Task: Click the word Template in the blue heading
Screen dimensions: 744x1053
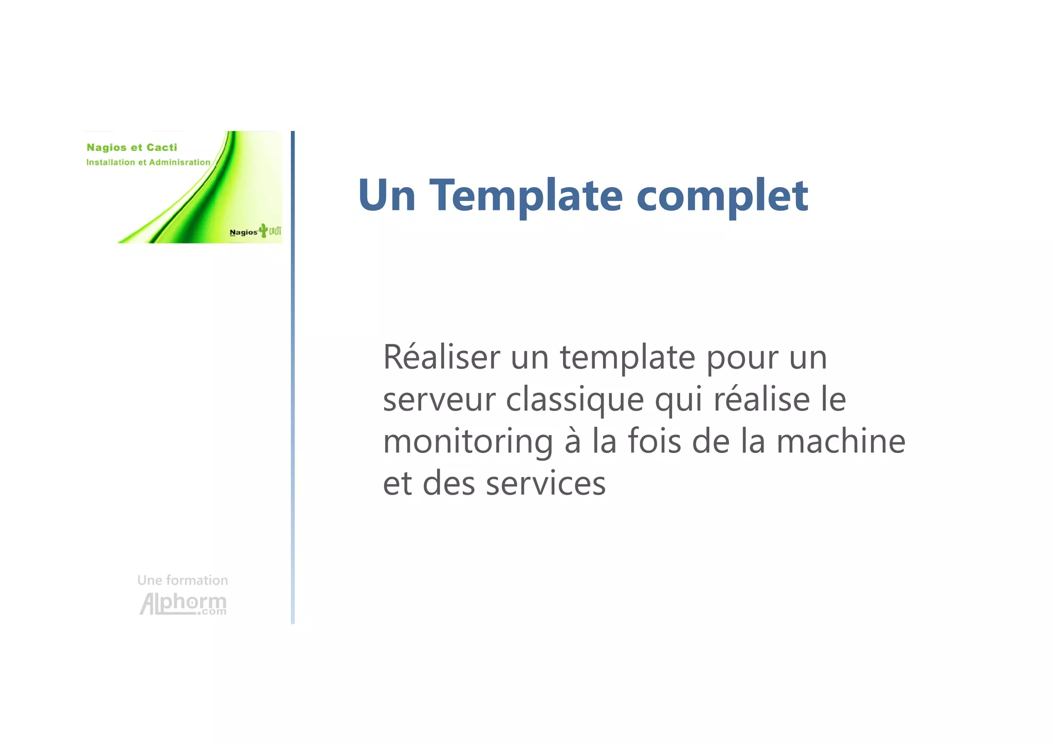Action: click(x=525, y=195)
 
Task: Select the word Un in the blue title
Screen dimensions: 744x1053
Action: click(x=387, y=195)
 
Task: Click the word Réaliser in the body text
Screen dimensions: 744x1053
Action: click(x=441, y=357)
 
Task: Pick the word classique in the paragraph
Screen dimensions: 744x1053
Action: click(x=574, y=400)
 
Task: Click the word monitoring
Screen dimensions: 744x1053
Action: click(x=467, y=442)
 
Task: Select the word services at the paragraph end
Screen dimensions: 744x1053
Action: click(x=546, y=483)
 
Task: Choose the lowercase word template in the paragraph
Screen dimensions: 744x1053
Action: click(x=627, y=358)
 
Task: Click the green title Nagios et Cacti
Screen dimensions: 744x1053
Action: click(x=132, y=148)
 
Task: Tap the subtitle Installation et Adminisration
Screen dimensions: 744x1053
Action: click(x=148, y=162)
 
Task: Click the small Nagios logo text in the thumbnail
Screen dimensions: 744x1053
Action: click(x=243, y=232)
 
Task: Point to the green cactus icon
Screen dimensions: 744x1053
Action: click(x=264, y=230)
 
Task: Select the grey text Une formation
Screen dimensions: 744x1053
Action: click(x=183, y=580)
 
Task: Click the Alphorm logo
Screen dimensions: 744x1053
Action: click(x=183, y=604)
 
